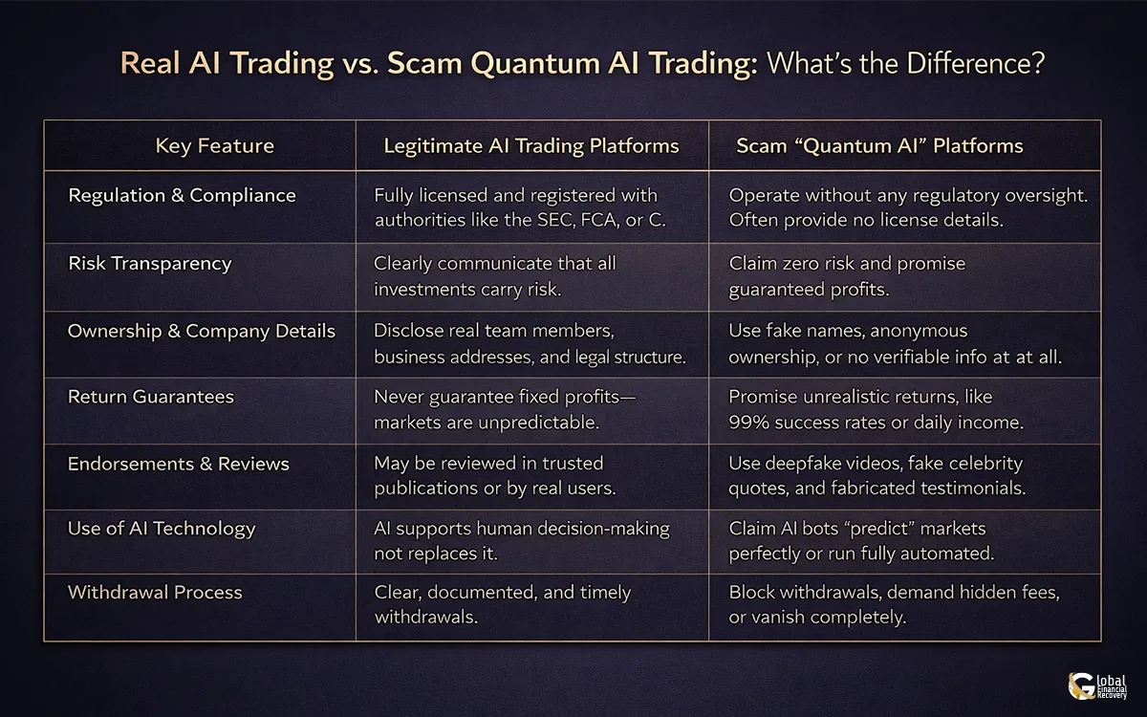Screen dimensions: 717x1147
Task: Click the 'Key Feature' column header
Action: click(214, 146)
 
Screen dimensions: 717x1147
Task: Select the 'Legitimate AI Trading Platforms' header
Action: click(531, 146)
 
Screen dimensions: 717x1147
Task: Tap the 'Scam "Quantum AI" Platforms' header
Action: click(879, 146)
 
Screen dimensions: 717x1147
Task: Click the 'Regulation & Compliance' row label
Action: click(182, 196)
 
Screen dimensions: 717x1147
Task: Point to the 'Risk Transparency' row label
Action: click(149, 264)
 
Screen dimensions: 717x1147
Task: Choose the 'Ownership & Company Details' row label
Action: click(201, 332)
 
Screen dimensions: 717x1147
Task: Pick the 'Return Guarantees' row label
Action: click(150, 397)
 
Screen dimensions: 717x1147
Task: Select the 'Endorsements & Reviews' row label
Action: click(178, 464)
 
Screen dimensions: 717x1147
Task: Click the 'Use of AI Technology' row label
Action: click(161, 529)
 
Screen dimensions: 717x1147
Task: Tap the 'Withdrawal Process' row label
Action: click(154, 593)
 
